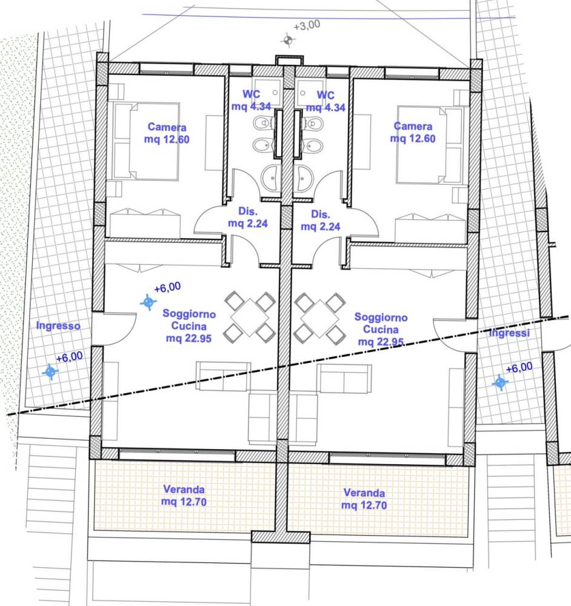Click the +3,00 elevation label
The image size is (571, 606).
pyautogui.click(x=307, y=27)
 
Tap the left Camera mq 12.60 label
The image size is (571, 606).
pyautogui.click(x=167, y=133)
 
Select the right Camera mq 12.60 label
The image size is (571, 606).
pyautogui.click(x=413, y=133)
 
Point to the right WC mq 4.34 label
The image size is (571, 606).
pyautogui.click(x=326, y=101)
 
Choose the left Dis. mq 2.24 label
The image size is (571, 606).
pyautogui.click(x=248, y=218)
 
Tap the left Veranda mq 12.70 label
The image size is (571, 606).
pyautogui.click(x=184, y=495)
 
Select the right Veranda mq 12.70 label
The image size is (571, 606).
pyautogui.click(x=364, y=499)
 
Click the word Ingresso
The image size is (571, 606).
pyautogui.click(x=58, y=326)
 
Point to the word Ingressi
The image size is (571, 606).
pyautogui.click(x=510, y=333)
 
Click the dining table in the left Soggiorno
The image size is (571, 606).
pyautogui.click(x=249, y=316)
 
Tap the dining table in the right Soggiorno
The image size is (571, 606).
pyautogui.click(x=319, y=317)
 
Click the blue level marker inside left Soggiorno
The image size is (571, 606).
pyautogui.click(x=148, y=302)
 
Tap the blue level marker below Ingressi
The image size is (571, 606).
pyautogui.click(x=500, y=382)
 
